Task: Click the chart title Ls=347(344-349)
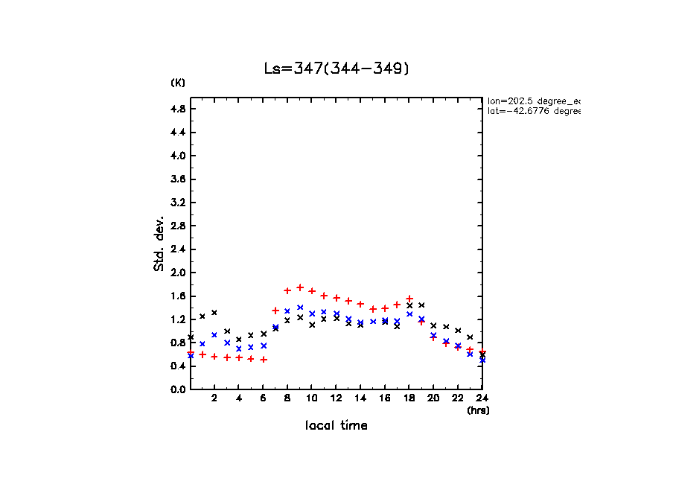click(336, 69)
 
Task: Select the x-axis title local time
click(336, 426)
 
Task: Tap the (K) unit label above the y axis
click(178, 83)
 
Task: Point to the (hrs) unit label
click(478, 410)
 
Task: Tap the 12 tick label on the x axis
click(336, 398)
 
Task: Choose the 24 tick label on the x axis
click(482, 398)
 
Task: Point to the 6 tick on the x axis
click(263, 398)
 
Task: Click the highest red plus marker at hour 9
click(299, 287)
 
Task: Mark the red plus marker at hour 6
click(264, 359)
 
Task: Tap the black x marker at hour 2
click(214, 313)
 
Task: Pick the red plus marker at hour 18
click(409, 299)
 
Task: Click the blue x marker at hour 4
click(239, 348)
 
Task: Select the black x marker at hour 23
click(470, 337)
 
